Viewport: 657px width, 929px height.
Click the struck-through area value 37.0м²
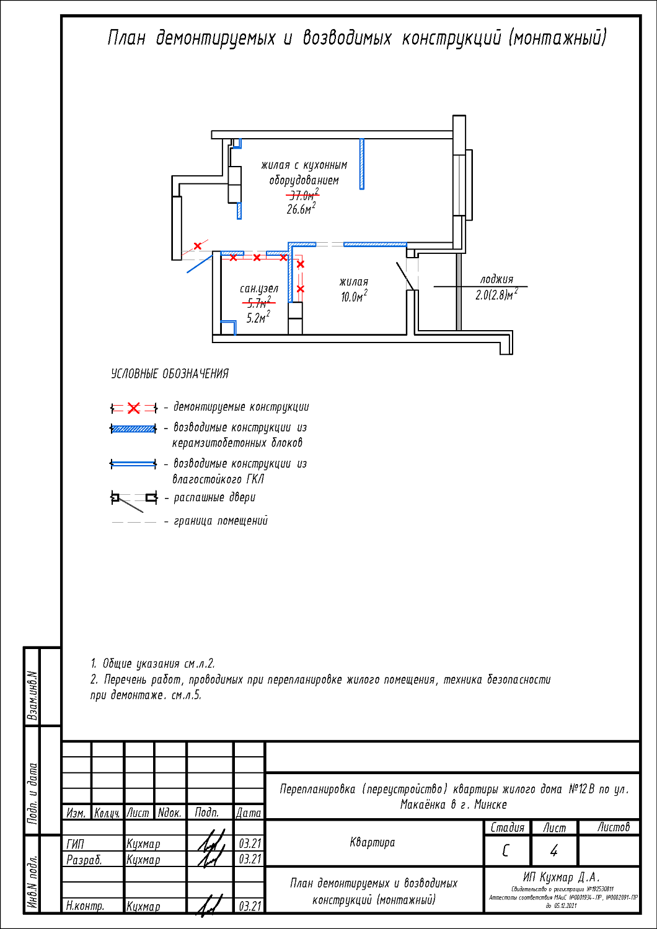[x=302, y=195]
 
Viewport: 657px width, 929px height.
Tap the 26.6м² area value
[x=301, y=209]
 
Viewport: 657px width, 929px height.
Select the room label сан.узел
[x=259, y=289]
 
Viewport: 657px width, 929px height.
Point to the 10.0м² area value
[x=353, y=297]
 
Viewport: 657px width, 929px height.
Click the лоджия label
[x=496, y=279]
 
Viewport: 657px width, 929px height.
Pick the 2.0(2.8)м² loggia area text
[x=496, y=295]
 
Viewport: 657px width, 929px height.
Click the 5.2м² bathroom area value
[x=258, y=318]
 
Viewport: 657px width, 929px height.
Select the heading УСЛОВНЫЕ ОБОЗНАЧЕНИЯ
[x=169, y=374]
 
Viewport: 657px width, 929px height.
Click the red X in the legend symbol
[x=134, y=408]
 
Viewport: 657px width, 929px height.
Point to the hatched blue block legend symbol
[x=133, y=429]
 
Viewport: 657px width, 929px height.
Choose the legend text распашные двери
[x=214, y=497]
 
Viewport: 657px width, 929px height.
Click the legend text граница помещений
[x=221, y=521]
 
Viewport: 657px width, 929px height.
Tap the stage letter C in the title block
[x=506, y=851]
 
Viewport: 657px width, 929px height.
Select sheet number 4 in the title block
[x=553, y=851]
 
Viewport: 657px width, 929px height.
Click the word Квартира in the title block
[x=372, y=842]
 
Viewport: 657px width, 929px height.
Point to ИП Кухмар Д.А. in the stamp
[x=562, y=877]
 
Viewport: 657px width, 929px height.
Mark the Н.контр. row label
[x=85, y=906]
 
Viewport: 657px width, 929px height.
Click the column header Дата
[x=249, y=813]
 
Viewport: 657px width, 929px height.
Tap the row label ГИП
[x=75, y=844]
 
